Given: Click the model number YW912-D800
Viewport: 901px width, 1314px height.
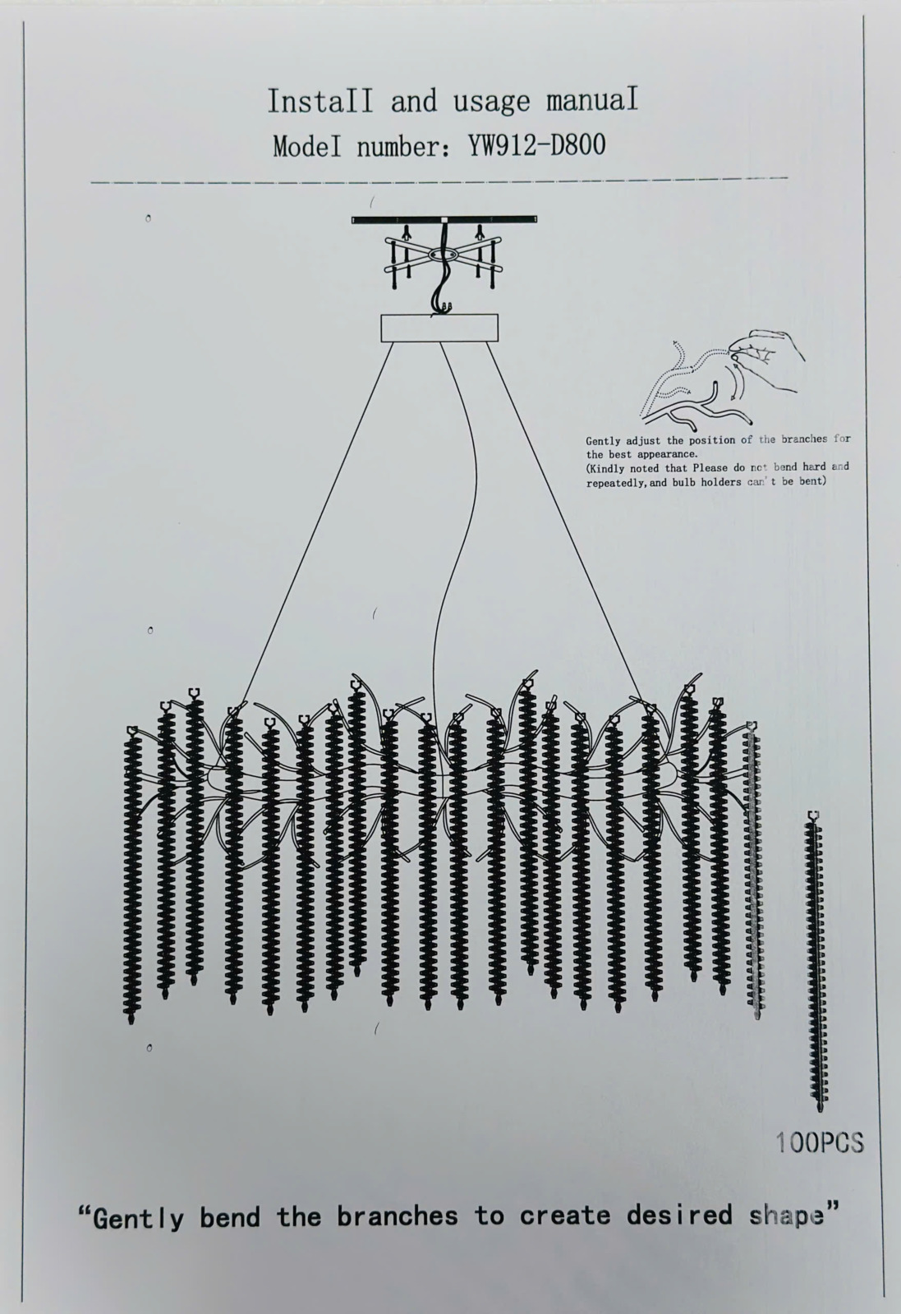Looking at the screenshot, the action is point(536,145).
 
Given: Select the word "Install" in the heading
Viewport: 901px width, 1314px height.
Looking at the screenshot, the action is point(319,101).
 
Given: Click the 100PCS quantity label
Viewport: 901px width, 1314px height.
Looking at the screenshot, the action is point(820,1142).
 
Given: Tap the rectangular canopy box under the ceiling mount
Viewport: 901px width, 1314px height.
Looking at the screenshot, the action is point(439,328).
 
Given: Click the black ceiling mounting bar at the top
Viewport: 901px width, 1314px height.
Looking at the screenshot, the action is point(444,220).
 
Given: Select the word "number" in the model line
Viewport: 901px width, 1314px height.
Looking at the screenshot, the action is point(400,147).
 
